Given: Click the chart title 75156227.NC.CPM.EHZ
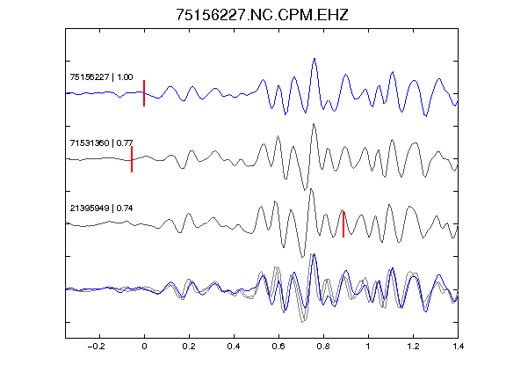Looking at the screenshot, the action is (x=262, y=15).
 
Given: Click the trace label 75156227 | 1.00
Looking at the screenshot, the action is (x=101, y=77).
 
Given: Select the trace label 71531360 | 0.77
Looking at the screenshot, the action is (x=101, y=142).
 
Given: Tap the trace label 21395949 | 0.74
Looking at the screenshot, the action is (x=101, y=208).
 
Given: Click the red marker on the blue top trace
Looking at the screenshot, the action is (x=144, y=93).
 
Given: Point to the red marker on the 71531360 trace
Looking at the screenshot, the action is (x=132, y=159).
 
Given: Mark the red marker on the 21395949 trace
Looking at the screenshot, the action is (x=343, y=224).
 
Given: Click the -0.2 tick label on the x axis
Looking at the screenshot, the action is (x=96, y=347).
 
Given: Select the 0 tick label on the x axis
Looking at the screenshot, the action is (x=144, y=347).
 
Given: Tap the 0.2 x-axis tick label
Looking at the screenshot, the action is (x=189, y=347).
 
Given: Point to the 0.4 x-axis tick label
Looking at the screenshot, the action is (x=234, y=347).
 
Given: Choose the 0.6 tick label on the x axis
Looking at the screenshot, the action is (x=278, y=347).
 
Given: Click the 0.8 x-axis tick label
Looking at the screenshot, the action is (x=323, y=347).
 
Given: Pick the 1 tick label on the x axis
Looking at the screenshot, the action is (x=368, y=347).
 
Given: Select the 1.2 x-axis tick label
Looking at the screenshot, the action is (x=413, y=347).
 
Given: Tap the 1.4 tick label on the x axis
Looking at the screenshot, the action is (x=458, y=347).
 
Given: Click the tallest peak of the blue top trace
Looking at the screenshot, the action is (x=314, y=59).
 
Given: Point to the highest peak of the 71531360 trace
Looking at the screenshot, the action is (x=314, y=124).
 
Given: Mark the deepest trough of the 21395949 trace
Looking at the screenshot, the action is (x=302, y=257).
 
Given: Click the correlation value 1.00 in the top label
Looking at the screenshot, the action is (x=125, y=77).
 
